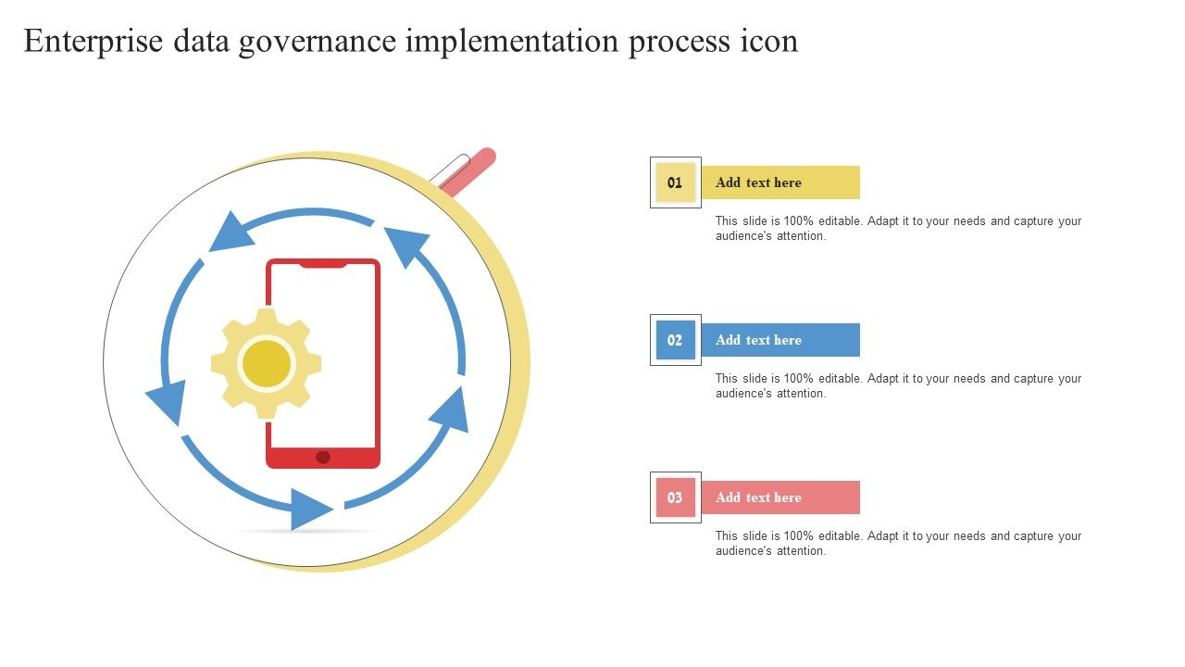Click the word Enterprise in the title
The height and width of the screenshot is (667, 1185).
coord(94,42)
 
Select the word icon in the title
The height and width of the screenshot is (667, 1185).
coord(769,42)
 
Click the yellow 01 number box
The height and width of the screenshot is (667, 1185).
coord(675,182)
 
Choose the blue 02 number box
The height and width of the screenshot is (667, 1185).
coord(675,340)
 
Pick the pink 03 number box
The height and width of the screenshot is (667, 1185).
coord(675,497)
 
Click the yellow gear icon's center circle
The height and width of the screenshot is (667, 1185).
coord(266,364)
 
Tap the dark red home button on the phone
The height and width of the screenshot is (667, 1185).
coord(323,458)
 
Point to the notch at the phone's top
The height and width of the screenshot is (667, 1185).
coord(323,264)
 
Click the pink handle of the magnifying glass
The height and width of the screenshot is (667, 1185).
coord(468,170)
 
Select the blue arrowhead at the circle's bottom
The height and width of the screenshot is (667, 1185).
coord(309,510)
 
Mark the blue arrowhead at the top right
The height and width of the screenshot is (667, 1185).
coord(405,245)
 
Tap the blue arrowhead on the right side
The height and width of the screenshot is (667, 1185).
coord(451,410)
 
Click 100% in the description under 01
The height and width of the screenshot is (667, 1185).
coord(798,220)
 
